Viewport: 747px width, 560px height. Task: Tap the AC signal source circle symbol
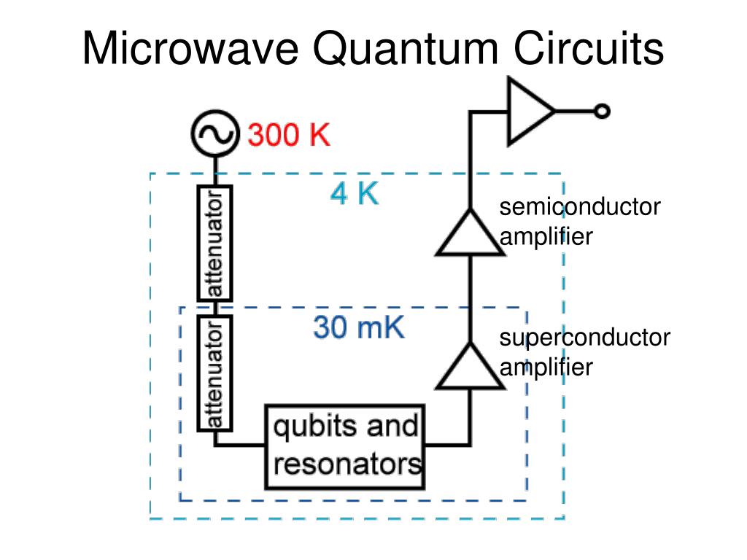pos(215,134)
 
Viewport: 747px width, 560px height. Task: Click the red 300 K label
pos(289,135)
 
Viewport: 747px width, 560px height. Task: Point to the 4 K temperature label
pos(355,194)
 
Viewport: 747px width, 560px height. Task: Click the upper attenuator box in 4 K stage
pos(215,243)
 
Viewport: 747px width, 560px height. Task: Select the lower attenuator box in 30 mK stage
pos(215,373)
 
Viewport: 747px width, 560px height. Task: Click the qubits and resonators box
pos(345,446)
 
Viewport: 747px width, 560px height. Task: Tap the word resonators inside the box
pos(347,464)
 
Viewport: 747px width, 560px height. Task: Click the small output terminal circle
pos(602,111)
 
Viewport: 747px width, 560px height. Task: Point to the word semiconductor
pos(579,208)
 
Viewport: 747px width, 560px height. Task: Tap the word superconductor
pos(584,338)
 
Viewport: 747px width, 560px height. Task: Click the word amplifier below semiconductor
pos(546,236)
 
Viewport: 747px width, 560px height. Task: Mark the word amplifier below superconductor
pos(546,367)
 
